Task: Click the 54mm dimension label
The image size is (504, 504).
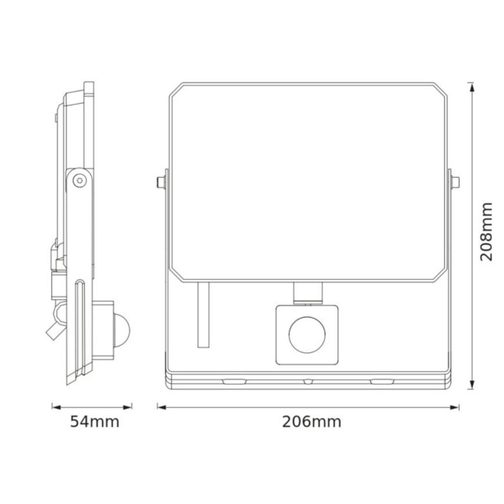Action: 95,422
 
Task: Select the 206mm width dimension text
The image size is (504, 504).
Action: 311,422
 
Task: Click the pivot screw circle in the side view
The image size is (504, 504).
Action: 78,181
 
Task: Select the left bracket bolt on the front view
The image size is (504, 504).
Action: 161,182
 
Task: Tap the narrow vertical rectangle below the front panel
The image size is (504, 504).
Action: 203,315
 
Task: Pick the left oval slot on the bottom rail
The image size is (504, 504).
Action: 234,382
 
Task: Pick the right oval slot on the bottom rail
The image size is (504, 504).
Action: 381,382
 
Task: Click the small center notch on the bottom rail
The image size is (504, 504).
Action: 308,381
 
